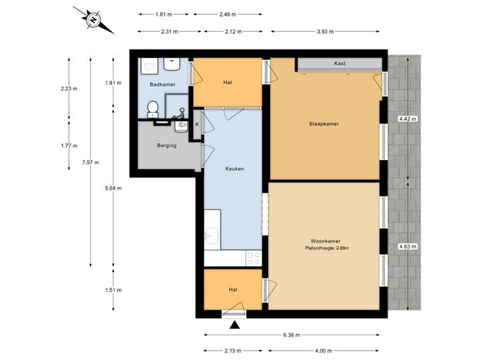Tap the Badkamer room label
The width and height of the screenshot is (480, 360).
coord(163,85)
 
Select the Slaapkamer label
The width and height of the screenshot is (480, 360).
coord(324,123)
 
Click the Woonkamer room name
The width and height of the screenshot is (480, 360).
coord(326,241)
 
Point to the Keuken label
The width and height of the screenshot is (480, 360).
coord(233,169)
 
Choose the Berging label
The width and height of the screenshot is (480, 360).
coord(163,145)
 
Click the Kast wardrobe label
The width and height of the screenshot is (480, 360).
coord(339,64)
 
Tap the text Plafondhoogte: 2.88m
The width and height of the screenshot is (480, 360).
coord(327,249)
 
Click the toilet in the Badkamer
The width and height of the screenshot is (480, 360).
coord(153,108)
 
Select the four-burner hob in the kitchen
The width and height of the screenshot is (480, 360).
coord(254,256)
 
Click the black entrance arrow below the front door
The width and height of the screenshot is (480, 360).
coord(234,325)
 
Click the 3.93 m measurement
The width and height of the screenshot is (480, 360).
coord(325,31)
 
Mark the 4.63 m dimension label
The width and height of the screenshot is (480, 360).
coord(407,247)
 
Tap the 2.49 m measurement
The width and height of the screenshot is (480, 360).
coord(227,14)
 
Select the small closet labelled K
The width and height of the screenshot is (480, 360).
coord(197,125)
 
